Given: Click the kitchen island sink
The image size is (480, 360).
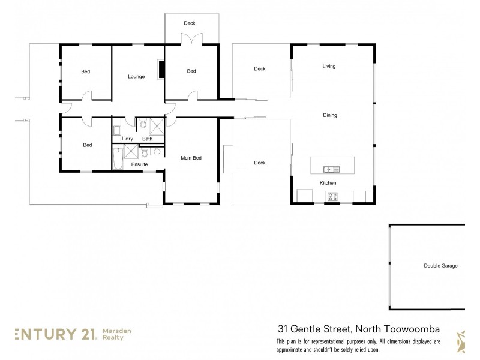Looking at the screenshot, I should pos(331,168).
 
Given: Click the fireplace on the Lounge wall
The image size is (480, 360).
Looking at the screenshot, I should pos(160,70).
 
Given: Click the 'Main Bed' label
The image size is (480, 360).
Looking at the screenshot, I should pos(191,158).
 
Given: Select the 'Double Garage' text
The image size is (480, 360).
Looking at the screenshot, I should pos(440,265).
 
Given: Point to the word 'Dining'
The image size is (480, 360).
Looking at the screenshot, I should pos(330,115).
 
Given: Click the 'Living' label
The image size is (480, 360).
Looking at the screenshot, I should pos(328,66).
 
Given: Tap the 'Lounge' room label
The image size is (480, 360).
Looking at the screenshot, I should pos(136,76).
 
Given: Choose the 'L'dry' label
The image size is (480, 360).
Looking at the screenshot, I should pos(127,139).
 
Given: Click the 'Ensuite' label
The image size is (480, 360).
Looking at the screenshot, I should pos(139,164).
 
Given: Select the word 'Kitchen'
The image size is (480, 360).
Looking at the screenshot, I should pos(328,182).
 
